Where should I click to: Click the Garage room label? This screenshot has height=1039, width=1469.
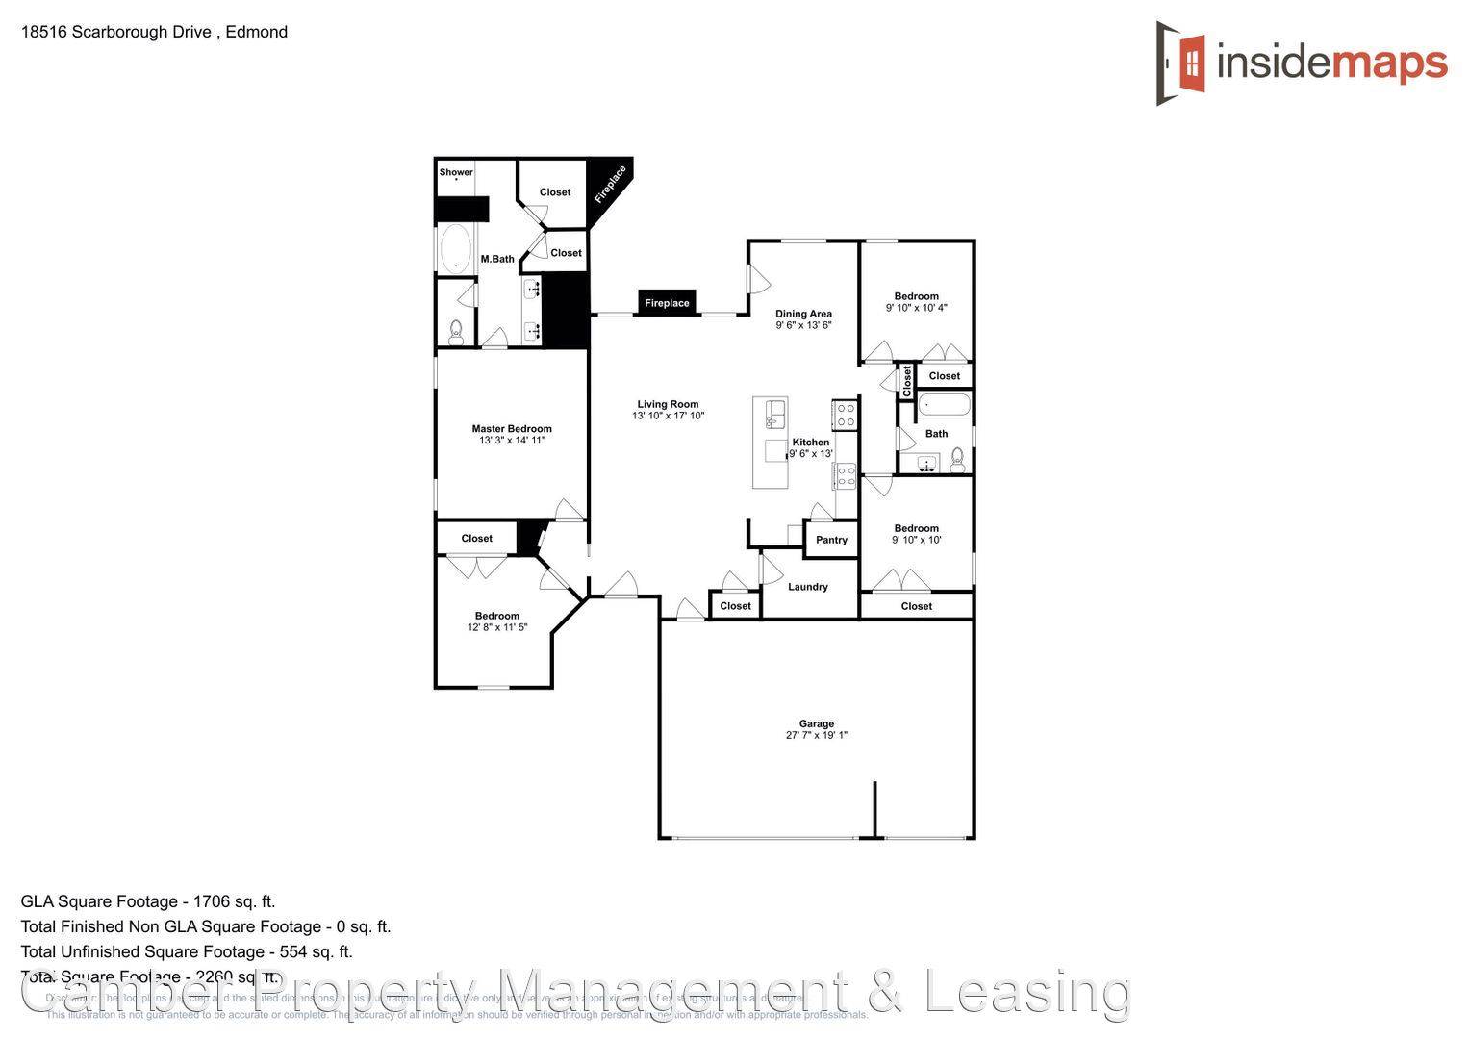pos(816,723)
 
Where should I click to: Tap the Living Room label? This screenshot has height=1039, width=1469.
pos(668,405)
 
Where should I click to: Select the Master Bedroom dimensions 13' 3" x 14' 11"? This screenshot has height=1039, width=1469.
pos(512,441)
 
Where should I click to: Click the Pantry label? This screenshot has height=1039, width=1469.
pos(831,540)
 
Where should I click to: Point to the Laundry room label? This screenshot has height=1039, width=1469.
pos(807,587)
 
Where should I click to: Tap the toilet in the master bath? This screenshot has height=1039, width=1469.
pos(455,332)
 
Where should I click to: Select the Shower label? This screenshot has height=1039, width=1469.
pos(456,173)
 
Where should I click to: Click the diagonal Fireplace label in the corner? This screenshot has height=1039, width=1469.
pos(610,184)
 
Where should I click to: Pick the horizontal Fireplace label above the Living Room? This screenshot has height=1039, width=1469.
pos(667,303)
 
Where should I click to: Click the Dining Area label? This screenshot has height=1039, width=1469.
pos(803,314)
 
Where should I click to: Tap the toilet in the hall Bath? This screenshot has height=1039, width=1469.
pos(957,463)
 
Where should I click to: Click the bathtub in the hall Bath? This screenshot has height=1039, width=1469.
pos(944,405)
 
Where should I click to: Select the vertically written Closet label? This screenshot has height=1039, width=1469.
pos(906,380)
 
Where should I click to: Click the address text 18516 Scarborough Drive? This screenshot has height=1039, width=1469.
pos(115,32)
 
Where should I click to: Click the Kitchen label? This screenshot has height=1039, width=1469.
pos(810,443)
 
